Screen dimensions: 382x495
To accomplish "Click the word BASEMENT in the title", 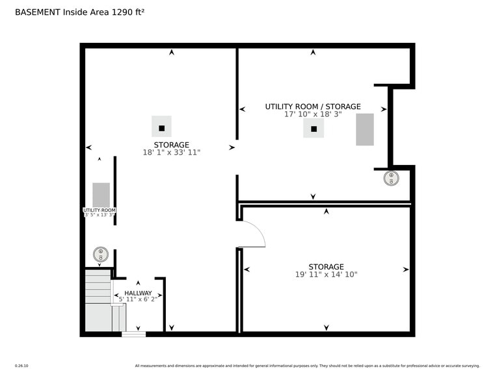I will pyautogui.click(x=37, y=12).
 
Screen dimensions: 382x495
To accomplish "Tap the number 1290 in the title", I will pyautogui.click(x=124, y=12).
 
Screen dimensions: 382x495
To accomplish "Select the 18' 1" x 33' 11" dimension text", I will pyautogui.click(x=171, y=153).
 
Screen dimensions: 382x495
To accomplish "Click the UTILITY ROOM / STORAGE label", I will pyautogui.click(x=312, y=107).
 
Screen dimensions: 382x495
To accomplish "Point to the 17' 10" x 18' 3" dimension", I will pyautogui.click(x=312, y=114).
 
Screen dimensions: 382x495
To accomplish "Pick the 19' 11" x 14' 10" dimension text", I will pyautogui.click(x=326, y=275).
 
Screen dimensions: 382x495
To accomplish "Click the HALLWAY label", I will pyautogui.click(x=138, y=293).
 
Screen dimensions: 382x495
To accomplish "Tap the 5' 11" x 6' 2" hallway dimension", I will pyautogui.click(x=138, y=299).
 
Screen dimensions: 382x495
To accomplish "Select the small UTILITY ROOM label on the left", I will pyautogui.click(x=100, y=210).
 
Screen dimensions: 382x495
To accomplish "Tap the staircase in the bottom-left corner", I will pyautogui.click(x=99, y=301).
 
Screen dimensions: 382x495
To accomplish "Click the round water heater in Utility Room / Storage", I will pyautogui.click(x=391, y=178).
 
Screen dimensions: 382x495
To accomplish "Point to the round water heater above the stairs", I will pyautogui.click(x=100, y=253).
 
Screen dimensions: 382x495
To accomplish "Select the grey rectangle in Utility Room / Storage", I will pyautogui.click(x=365, y=129).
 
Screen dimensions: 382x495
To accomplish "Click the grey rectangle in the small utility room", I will pyautogui.click(x=101, y=195).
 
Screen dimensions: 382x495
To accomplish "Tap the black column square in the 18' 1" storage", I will pyautogui.click(x=161, y=128).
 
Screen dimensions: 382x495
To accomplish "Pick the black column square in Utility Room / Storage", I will pyautogui.click(x=314, y=129).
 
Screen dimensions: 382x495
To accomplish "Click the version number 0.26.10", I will pyautogui.click(x=21, y=366).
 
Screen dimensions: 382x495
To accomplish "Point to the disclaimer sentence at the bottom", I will pyautogui.click(x=307, y=366).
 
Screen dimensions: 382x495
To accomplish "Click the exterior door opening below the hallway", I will pyautogui.click(x=134, y=334).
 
